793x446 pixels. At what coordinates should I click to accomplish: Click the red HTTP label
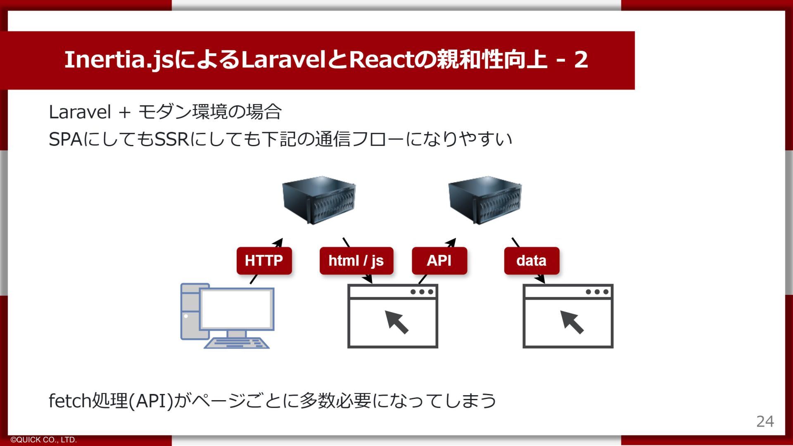click(x=264, y=261)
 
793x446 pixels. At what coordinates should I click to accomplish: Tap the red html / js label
click(x=356, y=261)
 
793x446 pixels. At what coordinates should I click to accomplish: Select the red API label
click(x=439, y=261)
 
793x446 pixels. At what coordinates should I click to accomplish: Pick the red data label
click(x=531, y=261)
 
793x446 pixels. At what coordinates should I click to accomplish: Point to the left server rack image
click(x=318, y=200)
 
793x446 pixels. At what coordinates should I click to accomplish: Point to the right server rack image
click(x=485, y=200)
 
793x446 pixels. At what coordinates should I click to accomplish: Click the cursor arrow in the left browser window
click(x=397, y=322)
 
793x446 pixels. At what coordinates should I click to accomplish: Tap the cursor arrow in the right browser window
click(x=572, y=322)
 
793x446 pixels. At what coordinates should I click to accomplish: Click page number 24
click(x=765, y=421)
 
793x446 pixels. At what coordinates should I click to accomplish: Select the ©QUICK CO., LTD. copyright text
click(x=44, y=440)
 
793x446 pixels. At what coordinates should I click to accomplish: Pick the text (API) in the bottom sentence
click(x=151, y=401)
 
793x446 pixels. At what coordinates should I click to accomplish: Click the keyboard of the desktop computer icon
click(x=237, y=343)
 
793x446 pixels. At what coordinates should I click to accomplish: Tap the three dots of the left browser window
click(x=422, y=292)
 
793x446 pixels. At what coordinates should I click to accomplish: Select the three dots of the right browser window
click(x=597, y=292)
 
